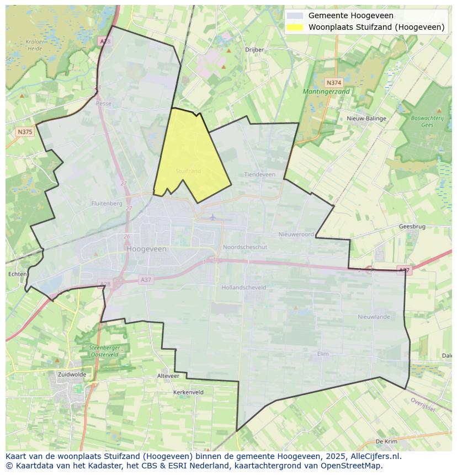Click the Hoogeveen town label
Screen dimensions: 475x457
(146, 249)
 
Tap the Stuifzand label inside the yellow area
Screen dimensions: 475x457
(188, 171)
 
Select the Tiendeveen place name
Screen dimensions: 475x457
(259, 174)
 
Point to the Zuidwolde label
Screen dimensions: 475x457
(71, 374)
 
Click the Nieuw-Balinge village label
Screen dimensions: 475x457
(366, 118)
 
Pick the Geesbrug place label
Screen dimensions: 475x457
(412, 226)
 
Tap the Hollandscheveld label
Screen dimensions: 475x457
(243, 287)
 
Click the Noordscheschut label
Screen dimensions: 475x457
(245, 247)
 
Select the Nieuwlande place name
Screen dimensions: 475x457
(374, 317)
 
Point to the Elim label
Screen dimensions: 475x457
(323, 354)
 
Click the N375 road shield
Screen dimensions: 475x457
(25, 131)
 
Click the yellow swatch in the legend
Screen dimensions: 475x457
(295, 27)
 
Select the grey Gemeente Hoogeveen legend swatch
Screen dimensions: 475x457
(295, 15)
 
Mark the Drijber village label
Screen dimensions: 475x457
(254, 49)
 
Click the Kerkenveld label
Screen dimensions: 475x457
(188, 392)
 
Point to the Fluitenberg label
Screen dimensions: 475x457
(107, 203)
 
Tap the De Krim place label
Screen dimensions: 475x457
(386, 441)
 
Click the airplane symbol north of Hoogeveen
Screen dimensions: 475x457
(213, 217)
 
